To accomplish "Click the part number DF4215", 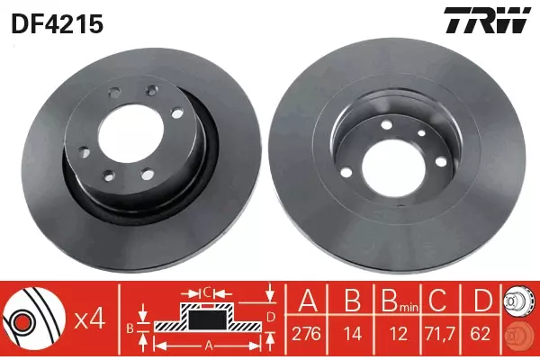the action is pos(58,24).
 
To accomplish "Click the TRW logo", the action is pos(487,20).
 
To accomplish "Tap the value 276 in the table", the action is pos(306,334).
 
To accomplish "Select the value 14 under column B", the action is pos(353,334).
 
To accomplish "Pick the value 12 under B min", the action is pos(399,334).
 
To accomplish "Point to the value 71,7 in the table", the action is pos(440,334).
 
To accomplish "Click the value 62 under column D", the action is pos(480,334).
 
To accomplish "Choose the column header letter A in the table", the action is pos(308,300).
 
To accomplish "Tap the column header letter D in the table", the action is pos(481,300).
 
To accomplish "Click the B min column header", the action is pos(400,301).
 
